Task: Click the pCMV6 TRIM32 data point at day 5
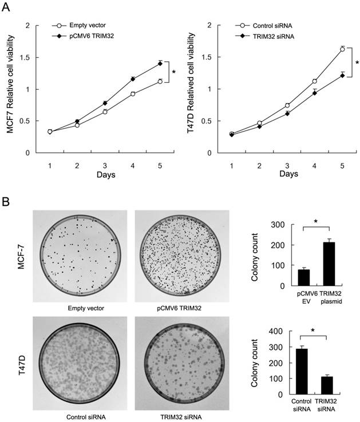[160, 63]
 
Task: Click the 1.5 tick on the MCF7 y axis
[23, 57]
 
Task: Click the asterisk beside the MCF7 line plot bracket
[174, 72]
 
